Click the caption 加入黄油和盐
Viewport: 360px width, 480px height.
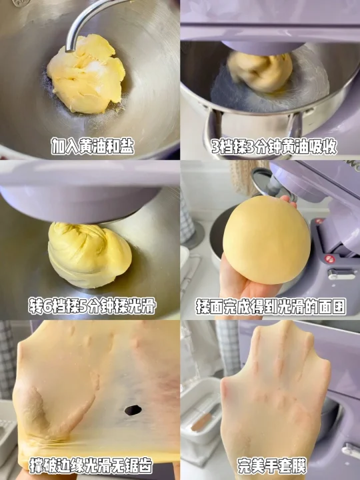point(93,146)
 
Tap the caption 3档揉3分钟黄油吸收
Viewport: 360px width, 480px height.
point(274,147)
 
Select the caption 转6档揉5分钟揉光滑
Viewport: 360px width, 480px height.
point(92,305)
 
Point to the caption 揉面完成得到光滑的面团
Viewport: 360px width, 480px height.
point(271,307)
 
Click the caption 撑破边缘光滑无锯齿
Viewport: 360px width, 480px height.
point(91,465)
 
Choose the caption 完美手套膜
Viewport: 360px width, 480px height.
point(272,466)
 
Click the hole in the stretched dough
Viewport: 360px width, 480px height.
point(133,410)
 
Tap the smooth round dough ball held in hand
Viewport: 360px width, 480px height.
point(266,240)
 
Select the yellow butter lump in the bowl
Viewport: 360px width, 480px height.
point(86,74)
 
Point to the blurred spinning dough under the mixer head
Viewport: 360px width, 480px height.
point(259,72)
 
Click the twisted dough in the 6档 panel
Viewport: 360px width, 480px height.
point(89,255)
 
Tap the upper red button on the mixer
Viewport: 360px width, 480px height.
point(319,221)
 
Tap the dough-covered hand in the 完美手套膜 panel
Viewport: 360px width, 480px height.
point(275,398)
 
